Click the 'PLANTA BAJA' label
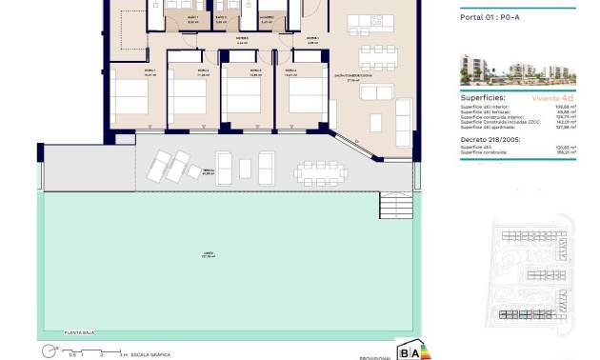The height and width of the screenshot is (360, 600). (77, 332)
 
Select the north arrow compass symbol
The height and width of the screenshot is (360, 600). (47, 351)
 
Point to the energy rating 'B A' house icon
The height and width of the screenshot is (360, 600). (409, 349)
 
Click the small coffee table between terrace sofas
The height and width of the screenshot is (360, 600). (245, 168)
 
